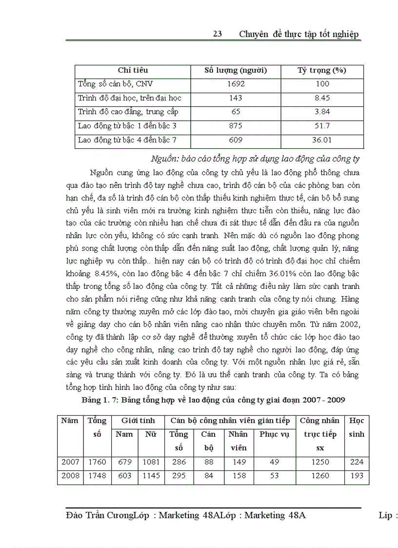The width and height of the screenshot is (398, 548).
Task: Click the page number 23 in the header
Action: [218, 34]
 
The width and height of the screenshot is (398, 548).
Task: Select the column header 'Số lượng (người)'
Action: [236, 70]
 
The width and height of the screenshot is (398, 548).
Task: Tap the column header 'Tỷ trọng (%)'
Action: [322, 70]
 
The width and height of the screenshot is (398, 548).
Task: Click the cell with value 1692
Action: [236, 84]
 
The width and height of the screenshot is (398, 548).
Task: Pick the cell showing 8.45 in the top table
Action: [322, 98]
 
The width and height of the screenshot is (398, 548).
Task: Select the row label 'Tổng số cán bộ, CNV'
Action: [112, 84]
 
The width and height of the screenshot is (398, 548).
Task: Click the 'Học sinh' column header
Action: [357, 427]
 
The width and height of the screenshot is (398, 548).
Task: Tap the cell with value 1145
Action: [151, 476]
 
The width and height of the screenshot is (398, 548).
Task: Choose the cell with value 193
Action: [357, 476]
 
